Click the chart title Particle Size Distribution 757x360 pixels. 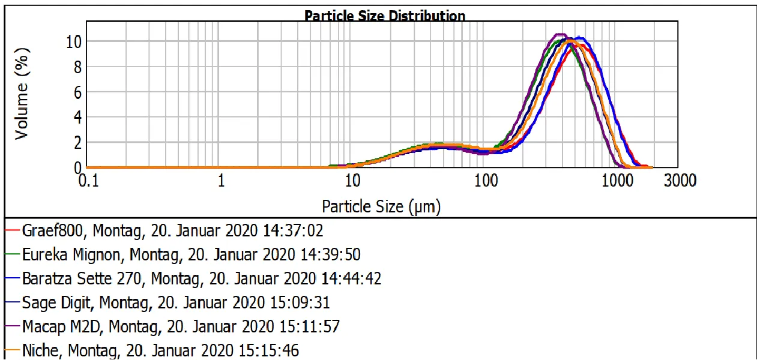coord(384,16)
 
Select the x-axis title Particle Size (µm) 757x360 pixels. coord(381,207)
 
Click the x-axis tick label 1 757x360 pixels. coord(221,180)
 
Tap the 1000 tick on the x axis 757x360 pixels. coord(615,180)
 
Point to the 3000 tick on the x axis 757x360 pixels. coord(680,180)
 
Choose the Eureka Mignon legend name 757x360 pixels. coord(72,254)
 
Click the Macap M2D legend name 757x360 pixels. coord(62,326)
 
